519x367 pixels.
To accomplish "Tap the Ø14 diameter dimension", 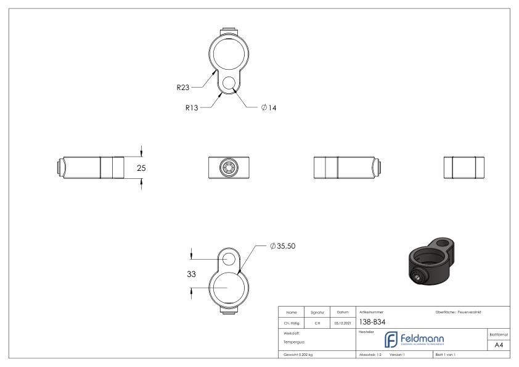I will pyautogui.click(x=269, y=107).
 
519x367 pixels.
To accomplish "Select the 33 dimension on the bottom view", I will pyautogui.click(x=182, y=274).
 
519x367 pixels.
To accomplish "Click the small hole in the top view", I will pyautogui.click(x=229, y=83).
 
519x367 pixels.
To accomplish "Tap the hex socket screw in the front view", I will pyautogui.click(x=229, y=167).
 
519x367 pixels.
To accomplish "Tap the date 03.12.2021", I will pyautogui.click(x=343, y=321).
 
